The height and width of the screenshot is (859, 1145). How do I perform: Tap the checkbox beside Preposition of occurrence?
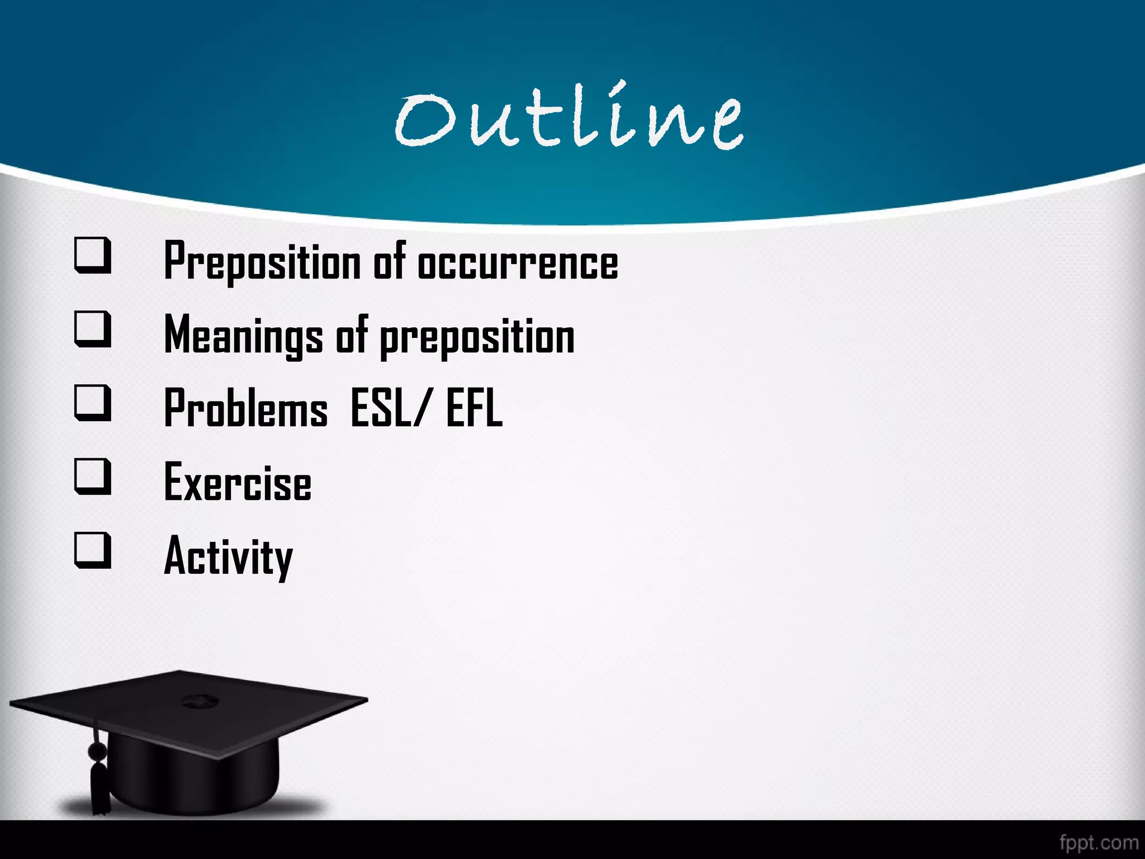(93, 256)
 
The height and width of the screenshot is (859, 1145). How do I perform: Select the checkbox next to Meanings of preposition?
(93, 329)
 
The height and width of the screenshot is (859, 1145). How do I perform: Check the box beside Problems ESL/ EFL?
(93, 403)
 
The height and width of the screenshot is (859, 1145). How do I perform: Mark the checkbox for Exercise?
(93, 476)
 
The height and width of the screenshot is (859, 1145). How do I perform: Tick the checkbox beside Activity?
(93, 550)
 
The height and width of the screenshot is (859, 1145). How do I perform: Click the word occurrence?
(518, 263)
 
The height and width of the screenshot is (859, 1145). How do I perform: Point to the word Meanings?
(243, 336)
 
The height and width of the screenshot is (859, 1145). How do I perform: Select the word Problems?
(245, 408)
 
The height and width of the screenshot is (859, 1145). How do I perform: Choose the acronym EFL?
(474, 408)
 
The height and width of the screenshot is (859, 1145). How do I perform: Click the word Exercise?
(238, 482)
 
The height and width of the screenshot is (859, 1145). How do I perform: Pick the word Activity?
(228, 557)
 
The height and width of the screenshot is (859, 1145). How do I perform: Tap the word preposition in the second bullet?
(477, 338)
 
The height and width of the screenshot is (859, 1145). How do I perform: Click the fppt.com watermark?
(1099, 842)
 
